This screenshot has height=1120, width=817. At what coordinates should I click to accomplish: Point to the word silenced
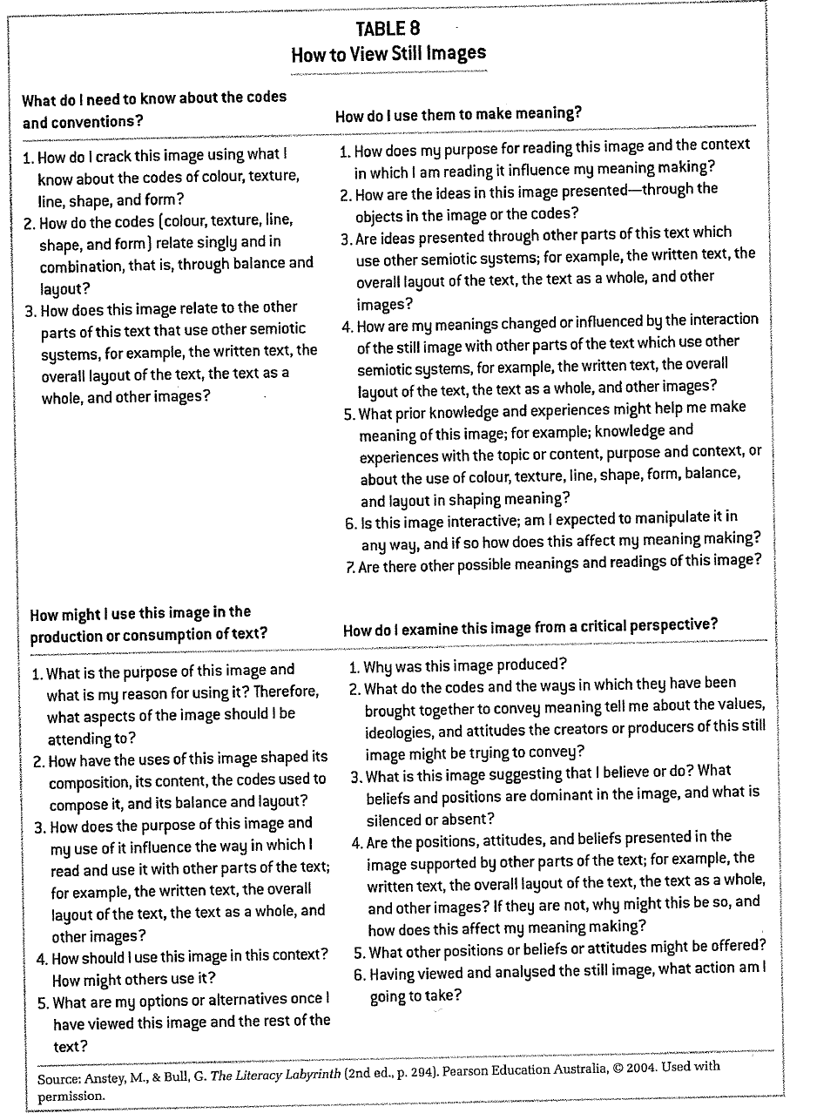click(396, 820)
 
